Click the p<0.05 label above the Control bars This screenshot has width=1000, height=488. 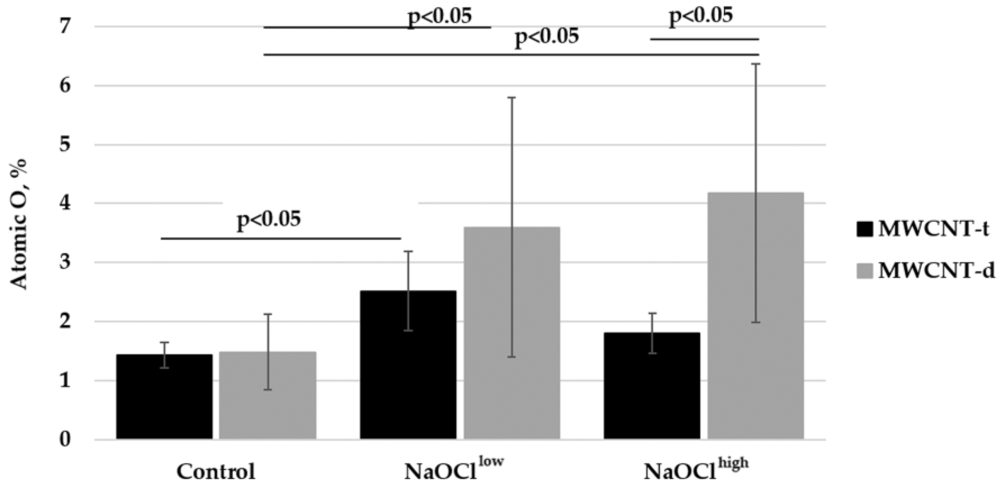point(269,220)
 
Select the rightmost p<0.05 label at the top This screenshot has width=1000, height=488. point(701,16)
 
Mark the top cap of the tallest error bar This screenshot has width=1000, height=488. point(755,64)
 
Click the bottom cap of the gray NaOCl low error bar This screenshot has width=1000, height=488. point(512,357)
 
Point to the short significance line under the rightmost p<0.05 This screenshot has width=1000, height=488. point(704,39)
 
